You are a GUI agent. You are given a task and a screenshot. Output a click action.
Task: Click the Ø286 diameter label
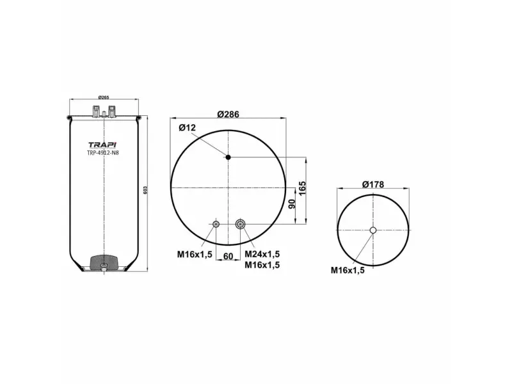pos(228,114)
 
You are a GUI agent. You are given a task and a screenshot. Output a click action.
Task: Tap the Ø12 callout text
pos(187,128)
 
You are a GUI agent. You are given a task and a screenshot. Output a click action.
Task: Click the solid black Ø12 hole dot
pos(228,157)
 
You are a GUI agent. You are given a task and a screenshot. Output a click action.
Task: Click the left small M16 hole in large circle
pos(216,223)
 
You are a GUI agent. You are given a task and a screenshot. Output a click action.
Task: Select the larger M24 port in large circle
pos(240,223)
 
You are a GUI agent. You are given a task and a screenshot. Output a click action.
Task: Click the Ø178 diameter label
pos(372,184)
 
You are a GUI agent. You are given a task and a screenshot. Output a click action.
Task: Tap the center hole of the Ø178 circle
pos(373,230)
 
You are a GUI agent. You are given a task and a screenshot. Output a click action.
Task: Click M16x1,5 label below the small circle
pos(348,271)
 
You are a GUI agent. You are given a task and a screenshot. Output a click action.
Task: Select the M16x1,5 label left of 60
pos(195,255)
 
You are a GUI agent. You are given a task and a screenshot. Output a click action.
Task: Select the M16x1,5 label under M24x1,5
pos(262,264)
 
